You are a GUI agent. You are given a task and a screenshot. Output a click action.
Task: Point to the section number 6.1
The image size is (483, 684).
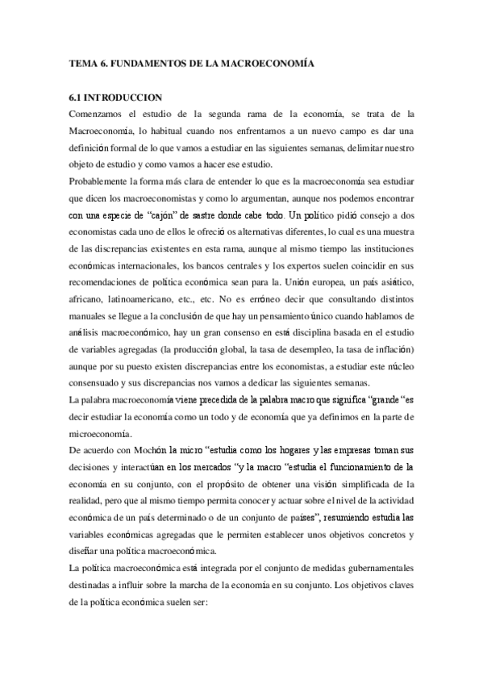tap(77, 97)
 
